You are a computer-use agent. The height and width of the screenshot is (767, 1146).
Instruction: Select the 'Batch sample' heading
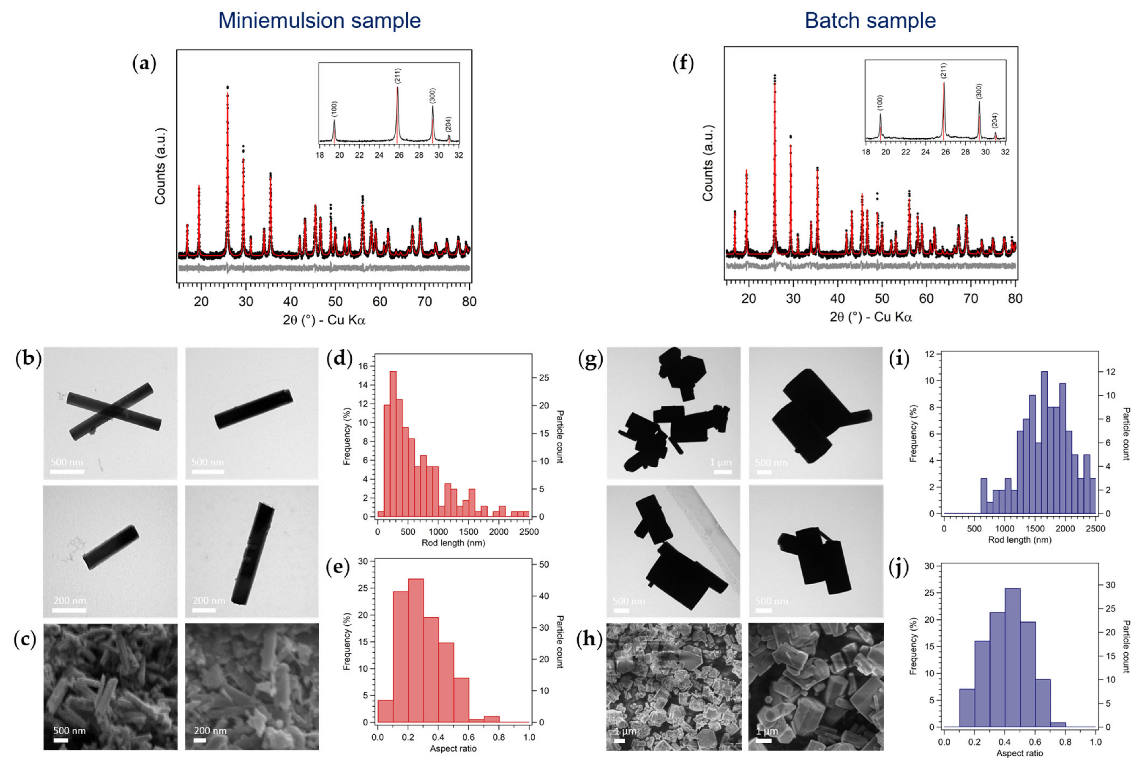[870, 21]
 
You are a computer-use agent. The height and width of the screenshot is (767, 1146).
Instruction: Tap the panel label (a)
[144, 64]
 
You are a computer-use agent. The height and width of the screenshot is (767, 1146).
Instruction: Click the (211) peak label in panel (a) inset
[398, 76]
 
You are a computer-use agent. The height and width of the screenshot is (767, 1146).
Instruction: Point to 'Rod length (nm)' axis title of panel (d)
[453, 543]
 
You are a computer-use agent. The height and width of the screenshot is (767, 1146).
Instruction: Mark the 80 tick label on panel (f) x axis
[1015, 298]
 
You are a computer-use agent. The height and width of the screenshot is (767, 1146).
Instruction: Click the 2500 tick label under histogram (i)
[1095, 529]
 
